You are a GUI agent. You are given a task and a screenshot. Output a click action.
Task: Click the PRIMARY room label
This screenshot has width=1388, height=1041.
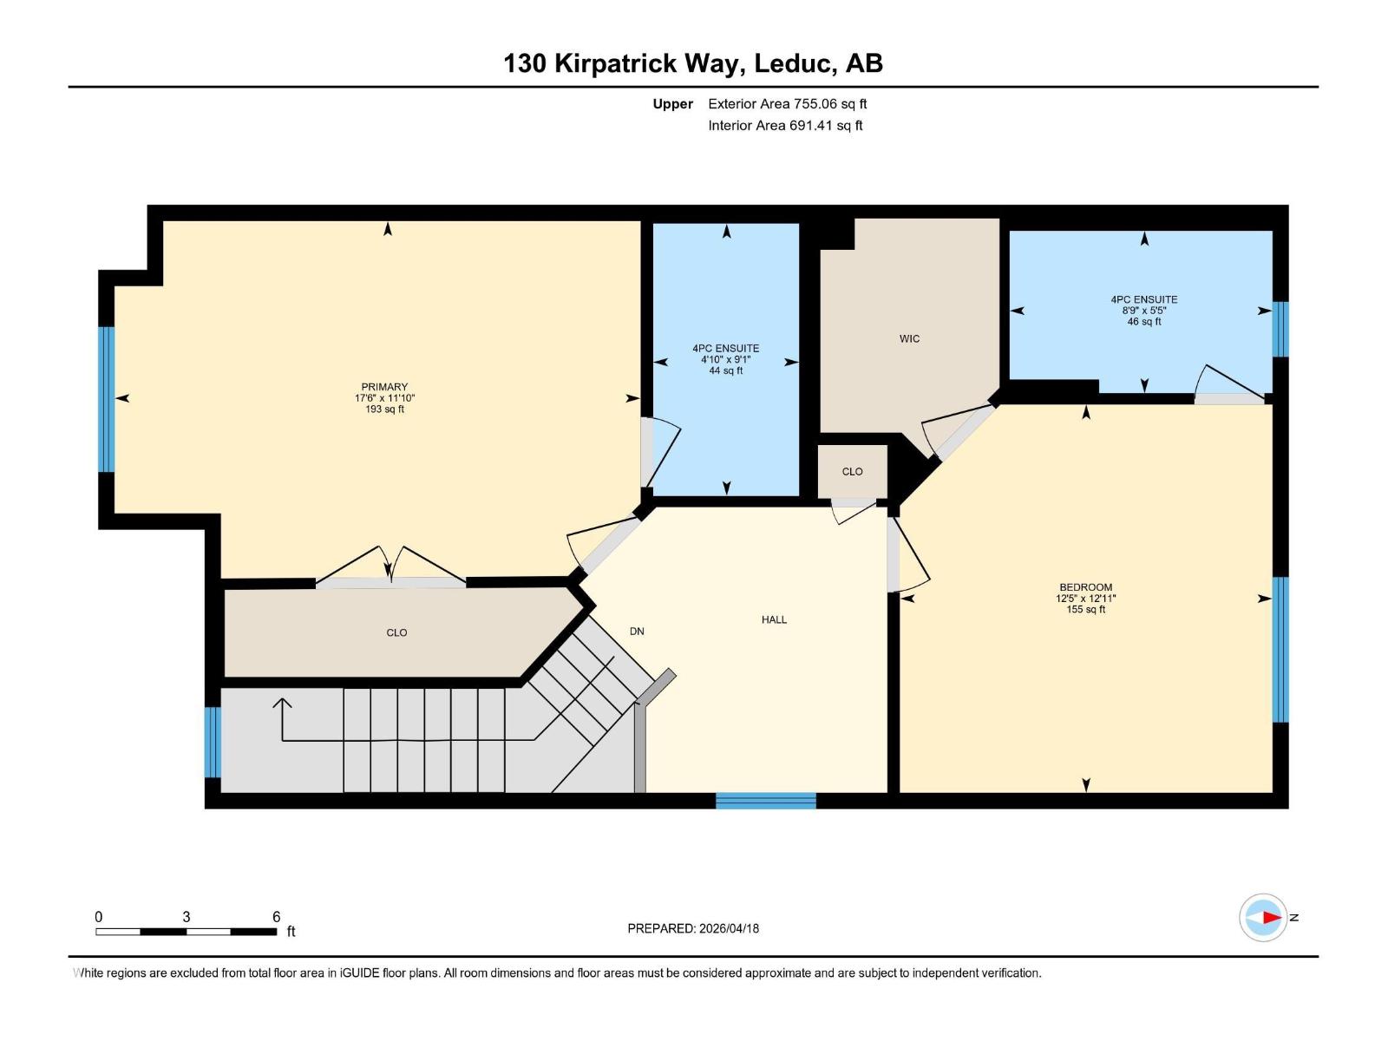[x=384, y=387]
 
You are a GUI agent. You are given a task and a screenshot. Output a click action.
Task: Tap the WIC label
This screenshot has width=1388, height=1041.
[x=909, y=339]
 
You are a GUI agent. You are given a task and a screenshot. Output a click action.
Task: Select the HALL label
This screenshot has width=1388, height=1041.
[x=774, y=619]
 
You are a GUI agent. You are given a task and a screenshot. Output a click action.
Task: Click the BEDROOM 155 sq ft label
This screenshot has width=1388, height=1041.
[x=1085, y=598]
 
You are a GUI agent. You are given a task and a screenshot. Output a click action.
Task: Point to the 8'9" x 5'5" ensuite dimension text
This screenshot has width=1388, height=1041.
[x=1143, y=311]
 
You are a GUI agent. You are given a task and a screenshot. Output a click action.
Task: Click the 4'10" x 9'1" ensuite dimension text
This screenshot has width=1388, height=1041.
[x=725, y=359]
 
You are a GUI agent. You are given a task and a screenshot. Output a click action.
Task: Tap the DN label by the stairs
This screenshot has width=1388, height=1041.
[x=637, y=632]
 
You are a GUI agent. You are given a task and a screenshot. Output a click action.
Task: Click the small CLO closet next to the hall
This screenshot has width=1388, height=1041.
[x=852, y=472]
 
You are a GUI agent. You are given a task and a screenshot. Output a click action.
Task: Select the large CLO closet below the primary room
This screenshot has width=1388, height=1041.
[x=396, y=633]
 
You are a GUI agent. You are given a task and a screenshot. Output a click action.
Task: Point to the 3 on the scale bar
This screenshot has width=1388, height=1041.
[x=187, y=917]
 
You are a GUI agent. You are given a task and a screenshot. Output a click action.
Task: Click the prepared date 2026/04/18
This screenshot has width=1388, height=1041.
[x=693, y=928]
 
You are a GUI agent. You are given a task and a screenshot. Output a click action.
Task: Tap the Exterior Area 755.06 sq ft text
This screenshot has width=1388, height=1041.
[x=787, y=104]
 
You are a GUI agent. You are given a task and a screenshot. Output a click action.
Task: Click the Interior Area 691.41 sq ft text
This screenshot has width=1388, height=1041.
[x=785, y=126]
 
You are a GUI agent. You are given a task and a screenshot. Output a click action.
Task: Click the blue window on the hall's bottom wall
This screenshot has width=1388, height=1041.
[x=765, y=801]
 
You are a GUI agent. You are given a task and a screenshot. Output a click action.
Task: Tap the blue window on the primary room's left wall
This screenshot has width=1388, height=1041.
[x=106, y=399]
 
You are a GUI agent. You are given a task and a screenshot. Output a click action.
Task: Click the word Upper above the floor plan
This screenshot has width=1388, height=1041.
[x=672, y=104]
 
